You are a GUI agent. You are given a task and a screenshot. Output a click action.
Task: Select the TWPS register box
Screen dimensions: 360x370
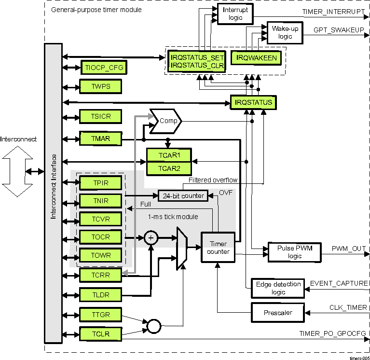click(100, 87)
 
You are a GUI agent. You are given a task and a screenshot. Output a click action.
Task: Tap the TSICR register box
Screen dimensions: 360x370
click(100, 117)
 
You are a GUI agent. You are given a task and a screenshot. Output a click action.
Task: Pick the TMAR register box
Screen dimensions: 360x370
click(100, 139)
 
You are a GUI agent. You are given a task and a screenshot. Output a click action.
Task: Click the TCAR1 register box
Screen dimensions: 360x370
click(169, 155)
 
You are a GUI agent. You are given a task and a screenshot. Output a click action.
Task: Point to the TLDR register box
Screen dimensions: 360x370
click(100, 294)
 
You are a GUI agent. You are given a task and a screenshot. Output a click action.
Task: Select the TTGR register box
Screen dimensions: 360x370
click(100, 315)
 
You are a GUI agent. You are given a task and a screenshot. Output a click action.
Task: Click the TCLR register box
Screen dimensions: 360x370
click(100, 333)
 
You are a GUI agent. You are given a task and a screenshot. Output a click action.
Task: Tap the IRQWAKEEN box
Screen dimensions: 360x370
click(257, 58)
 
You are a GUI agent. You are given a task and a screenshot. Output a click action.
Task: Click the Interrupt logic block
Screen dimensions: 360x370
click(235, 14)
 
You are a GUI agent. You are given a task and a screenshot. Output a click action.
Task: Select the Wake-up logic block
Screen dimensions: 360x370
click(285, 33)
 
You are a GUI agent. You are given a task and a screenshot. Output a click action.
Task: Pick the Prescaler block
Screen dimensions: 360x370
click(278, 312)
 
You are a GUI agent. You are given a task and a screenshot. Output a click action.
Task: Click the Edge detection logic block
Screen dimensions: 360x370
click(278, 288)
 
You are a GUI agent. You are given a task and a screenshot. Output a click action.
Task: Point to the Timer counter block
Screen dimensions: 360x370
click(218, 247)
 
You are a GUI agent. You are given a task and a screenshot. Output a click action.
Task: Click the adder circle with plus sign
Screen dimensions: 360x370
click(151, 237)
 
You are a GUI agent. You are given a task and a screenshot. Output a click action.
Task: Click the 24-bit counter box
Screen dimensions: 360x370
click(183, 196)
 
